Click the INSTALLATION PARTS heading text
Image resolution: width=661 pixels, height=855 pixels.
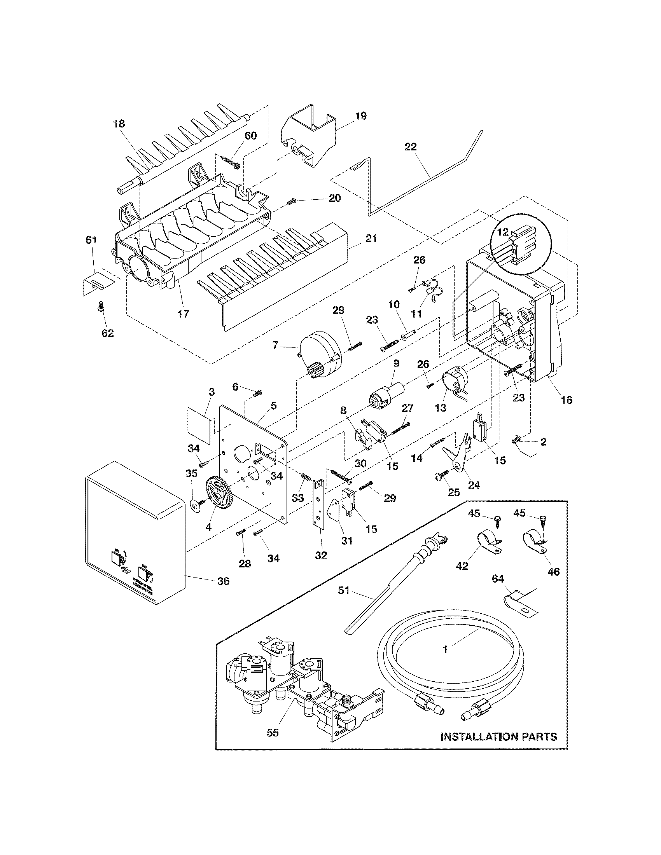pos(498,736)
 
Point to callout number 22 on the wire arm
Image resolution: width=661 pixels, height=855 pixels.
pos(411,147)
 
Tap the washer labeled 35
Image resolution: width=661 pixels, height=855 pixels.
pos(194,506)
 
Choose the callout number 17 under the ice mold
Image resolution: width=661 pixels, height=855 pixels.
pos(184,314)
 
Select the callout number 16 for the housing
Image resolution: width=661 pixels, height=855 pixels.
pos(567,400)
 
